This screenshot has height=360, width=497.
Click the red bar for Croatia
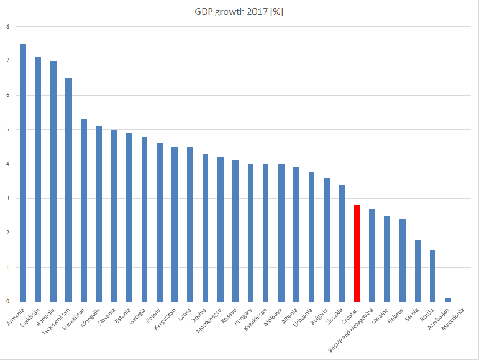pyautogui.click(x=357, y=253)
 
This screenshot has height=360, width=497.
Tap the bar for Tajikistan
pyautogui.click(x=38, y=180)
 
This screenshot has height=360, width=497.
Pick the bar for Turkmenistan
pyautogui.click(x=68, y=190)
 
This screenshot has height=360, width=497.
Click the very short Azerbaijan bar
pyautogui.click(x=448, y=300)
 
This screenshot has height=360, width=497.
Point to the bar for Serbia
pyautogui.click(x=417, y=270)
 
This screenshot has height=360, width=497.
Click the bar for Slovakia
pyautogui.click(x=342, y=243)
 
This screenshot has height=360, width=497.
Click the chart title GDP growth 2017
pyautogui.click(x=239, y=11)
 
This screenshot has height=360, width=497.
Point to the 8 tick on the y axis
pyautogui.click(x=7, y=26)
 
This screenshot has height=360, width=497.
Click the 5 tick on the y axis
pyautogui.click(x=7, y=129)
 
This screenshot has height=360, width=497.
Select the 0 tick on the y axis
pyautogui.click(x=7, y=302)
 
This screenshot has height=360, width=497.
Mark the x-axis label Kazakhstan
pyautogui.click(x=256, y=318)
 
